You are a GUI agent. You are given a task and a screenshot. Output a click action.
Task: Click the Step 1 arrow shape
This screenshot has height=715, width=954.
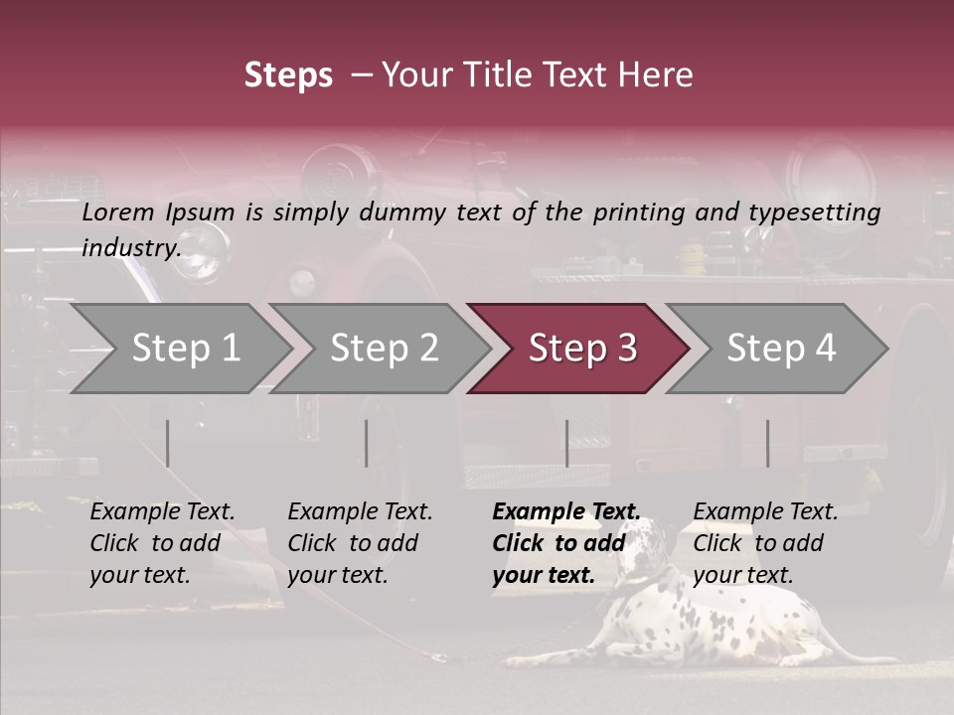[184, 349]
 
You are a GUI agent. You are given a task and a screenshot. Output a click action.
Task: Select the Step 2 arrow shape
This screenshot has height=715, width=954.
[383, 349]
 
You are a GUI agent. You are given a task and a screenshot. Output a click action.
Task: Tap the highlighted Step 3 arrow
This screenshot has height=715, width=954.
[581, 349]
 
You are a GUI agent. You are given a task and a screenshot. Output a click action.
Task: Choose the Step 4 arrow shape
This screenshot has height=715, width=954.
[780, 349]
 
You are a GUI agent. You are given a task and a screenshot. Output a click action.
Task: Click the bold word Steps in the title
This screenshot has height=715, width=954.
[288, 75]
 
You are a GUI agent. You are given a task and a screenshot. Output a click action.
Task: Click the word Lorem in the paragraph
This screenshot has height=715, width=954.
[117, 212]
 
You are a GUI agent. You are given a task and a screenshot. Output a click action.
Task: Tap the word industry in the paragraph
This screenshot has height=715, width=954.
[130, 247]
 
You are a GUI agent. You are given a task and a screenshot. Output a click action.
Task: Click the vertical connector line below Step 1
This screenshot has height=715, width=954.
[168, 443]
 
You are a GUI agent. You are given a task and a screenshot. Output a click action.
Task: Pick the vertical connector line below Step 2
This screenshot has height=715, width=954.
[367, 443]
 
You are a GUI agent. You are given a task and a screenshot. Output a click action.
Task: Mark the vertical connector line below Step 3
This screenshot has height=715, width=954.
[566, 443]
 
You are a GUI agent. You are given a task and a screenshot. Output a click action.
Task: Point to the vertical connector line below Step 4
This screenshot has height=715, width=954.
[767, 443]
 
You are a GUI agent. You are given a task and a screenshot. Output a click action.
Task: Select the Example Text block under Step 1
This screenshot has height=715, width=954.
[162, 543]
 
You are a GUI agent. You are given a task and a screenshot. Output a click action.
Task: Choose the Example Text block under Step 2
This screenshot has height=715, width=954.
[360, 543]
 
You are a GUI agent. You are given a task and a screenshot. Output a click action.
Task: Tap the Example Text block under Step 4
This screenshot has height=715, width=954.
[765, 543]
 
